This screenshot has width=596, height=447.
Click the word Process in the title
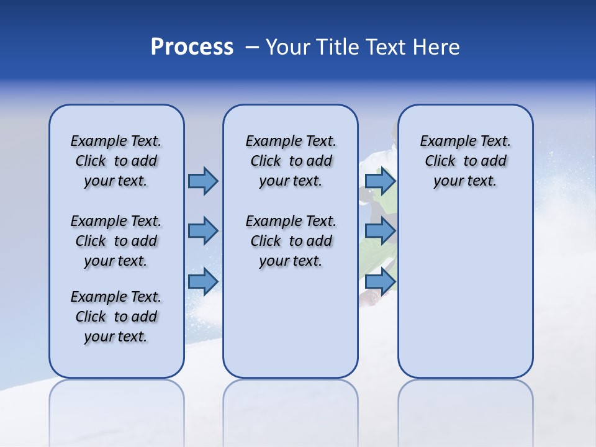click(x=192, y=47)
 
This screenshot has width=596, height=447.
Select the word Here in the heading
click(x=436, y=47)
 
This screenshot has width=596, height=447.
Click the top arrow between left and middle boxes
click(x=202, y=181)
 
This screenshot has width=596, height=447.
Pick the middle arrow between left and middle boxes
click(x=202, y=231)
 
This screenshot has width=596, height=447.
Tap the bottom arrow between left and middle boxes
click(x=202, y=281)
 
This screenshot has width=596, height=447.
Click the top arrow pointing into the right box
click(x=380, y=181)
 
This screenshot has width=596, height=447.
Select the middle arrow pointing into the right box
click(x=380, y=231)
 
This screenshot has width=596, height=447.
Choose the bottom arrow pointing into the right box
click(x=380, y=281)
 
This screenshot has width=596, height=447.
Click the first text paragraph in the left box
click(x=116, y=161)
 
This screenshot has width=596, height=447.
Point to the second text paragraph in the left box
click(x=116, y=241)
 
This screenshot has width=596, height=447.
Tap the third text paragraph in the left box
click(x=116, y=317)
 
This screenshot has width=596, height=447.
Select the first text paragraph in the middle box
click(x=291, y=161)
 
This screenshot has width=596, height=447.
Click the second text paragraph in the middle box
click(x=291, y=241)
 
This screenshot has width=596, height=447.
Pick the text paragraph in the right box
click(x=465, y=161)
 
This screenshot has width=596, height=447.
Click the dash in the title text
click(x=252, y=48)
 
